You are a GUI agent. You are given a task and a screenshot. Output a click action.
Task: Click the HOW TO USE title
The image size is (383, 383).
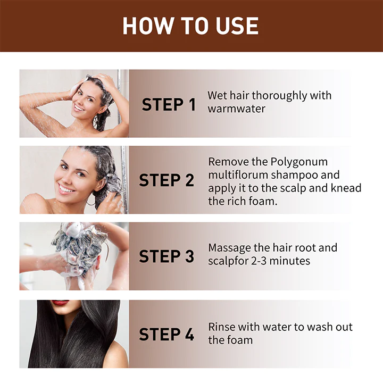(x=191, y=26)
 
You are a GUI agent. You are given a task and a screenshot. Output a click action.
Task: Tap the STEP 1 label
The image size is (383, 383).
(x=169, y=105)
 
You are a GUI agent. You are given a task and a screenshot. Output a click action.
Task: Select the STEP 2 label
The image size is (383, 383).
(x=166, y=180)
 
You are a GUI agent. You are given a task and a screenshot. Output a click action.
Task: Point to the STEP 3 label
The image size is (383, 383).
(x=166, y=256)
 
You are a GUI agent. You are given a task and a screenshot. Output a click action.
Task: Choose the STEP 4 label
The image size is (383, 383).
(x=166, y=334)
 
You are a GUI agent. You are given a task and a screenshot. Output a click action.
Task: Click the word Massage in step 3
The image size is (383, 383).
(x=231, y=248)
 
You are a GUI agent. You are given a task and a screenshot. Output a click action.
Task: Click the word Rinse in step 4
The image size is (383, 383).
(x=222, y=327)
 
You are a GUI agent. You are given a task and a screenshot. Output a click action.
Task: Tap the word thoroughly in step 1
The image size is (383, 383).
(x=280, y=96)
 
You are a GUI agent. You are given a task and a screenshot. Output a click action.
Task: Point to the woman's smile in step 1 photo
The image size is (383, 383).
(x=79, y=107)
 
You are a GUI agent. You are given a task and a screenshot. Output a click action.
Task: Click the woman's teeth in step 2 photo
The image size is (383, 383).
(x=66, y=189)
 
